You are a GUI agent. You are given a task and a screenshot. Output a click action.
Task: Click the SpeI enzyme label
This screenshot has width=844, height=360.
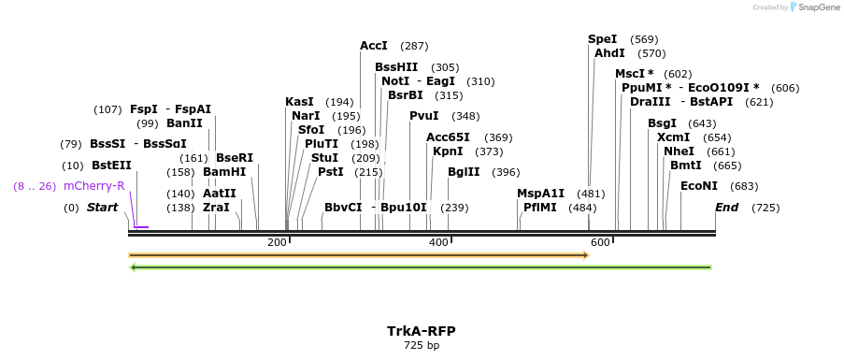[602, 39]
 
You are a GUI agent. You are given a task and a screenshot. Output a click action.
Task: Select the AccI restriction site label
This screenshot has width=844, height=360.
[374, 46]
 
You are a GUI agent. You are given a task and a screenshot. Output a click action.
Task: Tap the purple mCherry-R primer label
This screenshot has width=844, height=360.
[93, 185]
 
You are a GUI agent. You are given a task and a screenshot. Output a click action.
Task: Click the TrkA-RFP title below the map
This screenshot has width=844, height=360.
[421, 331]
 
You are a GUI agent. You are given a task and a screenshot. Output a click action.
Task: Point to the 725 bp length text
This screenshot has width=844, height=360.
[421, 346]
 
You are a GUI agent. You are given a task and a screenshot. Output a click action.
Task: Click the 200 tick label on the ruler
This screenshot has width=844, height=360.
[277, 243]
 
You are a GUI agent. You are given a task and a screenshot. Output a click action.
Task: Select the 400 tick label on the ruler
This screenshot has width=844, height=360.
[438, 243]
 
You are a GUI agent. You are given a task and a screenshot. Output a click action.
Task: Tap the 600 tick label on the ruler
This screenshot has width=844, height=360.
[600, 243]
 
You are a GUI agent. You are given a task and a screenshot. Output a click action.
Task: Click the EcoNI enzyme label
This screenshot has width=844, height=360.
[699, 186]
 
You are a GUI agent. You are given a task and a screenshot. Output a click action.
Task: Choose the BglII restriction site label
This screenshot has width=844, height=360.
[464, 172]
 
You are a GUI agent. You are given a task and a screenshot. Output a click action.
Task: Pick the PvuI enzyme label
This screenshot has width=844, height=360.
[424, 116]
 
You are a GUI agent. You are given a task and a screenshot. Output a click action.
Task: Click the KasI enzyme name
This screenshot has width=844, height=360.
[299, 102]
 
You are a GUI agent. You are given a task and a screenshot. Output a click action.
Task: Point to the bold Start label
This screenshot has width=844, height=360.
[102, 207]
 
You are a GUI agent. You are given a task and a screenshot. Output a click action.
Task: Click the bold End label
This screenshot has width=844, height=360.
[726, 207]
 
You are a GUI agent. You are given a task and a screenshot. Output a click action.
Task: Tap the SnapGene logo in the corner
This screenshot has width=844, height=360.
[809, 7]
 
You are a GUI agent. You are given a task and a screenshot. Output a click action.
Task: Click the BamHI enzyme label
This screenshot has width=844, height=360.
[224, 172]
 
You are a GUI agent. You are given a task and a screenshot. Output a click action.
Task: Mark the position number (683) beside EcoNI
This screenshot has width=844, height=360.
[744, 186]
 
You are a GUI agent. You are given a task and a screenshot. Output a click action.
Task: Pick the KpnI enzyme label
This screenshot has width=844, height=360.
[449, 151]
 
